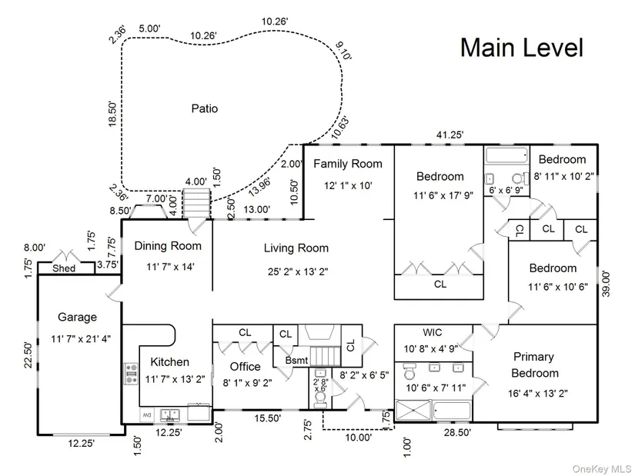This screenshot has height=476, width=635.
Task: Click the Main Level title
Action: point(522,48)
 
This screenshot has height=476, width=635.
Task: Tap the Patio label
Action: point(205,108)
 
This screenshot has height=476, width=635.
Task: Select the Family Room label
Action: point(348,164)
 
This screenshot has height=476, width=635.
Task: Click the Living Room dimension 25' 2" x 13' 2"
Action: point(298,271)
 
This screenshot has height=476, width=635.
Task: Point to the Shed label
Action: point(64,268)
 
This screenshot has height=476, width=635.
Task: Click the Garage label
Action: point(77,317)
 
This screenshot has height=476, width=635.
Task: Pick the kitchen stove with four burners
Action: point(131,374)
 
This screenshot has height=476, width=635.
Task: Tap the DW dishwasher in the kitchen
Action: point(146,415)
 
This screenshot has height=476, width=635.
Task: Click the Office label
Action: point(245,367)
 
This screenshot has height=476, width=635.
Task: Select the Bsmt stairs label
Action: point(297,360)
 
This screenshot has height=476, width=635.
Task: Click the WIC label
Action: point(433,333)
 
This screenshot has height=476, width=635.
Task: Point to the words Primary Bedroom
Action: point(535,364)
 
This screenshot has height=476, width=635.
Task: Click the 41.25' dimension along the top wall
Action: point(450,135)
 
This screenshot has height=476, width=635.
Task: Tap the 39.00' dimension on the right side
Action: point(606,284)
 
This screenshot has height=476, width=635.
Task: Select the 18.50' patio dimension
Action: point(112,115)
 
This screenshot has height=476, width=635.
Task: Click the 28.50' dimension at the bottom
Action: point(458,433)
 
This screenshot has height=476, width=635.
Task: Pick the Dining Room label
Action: point(168,246)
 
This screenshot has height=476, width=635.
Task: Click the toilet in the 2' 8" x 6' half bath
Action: point(320,401)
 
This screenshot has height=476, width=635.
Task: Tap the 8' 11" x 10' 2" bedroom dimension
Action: point(563,176)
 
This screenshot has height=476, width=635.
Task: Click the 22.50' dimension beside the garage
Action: point(28,355)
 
